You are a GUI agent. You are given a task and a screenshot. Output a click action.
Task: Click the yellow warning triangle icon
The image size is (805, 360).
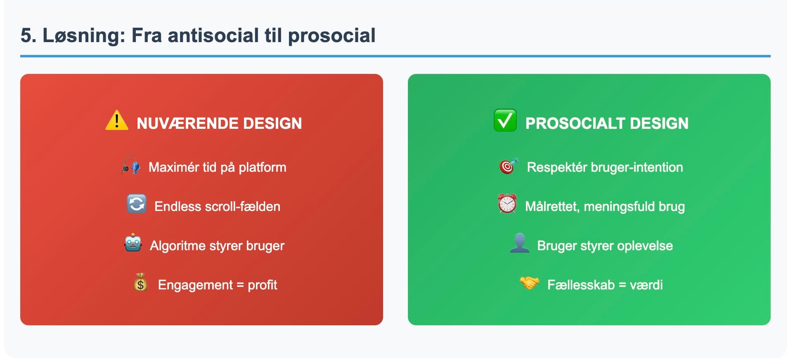coord(117,120)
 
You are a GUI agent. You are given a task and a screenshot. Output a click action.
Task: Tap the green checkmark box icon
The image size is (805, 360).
coord(505,120)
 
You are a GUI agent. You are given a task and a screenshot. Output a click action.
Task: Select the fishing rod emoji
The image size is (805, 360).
coord(131,165)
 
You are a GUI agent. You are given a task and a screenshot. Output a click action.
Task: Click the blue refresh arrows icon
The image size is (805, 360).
coord(137,204)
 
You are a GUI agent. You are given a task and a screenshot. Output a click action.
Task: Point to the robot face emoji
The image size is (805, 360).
coord(133,243)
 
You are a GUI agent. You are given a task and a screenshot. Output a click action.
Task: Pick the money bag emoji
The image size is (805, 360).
coord(140,282)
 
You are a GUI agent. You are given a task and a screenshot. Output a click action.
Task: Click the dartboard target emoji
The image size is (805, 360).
coord(509,166)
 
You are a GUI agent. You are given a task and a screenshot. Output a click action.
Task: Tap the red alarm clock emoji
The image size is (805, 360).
coord(507,204)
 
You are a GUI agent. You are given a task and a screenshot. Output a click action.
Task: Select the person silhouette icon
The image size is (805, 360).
coord(519,243)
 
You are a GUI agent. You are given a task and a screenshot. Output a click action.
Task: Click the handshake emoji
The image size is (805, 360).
coord(529,283)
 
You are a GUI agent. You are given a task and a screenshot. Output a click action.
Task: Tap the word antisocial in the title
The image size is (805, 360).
coord(213,36)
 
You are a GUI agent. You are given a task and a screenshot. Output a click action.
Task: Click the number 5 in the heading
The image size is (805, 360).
coord(26,36)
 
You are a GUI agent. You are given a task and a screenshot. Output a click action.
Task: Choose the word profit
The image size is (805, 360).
coord(262,285)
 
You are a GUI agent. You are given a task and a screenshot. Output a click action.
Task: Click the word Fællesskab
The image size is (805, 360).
coord(581,285)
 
